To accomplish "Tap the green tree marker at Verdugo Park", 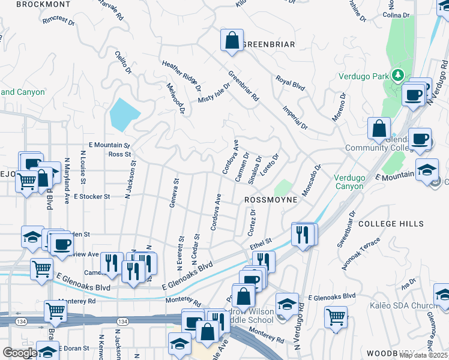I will [x=396, y=76].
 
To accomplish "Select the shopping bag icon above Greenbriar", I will [x=231, y=41].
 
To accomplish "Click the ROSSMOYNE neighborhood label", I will [x=270, y=199].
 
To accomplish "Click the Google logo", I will [x=20, y=352].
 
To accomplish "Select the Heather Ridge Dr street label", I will [x=181, y=76].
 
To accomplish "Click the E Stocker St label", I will [x=92, y=196].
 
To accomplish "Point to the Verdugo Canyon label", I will [x=348, y=182].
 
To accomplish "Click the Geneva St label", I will [x=173, y=193].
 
